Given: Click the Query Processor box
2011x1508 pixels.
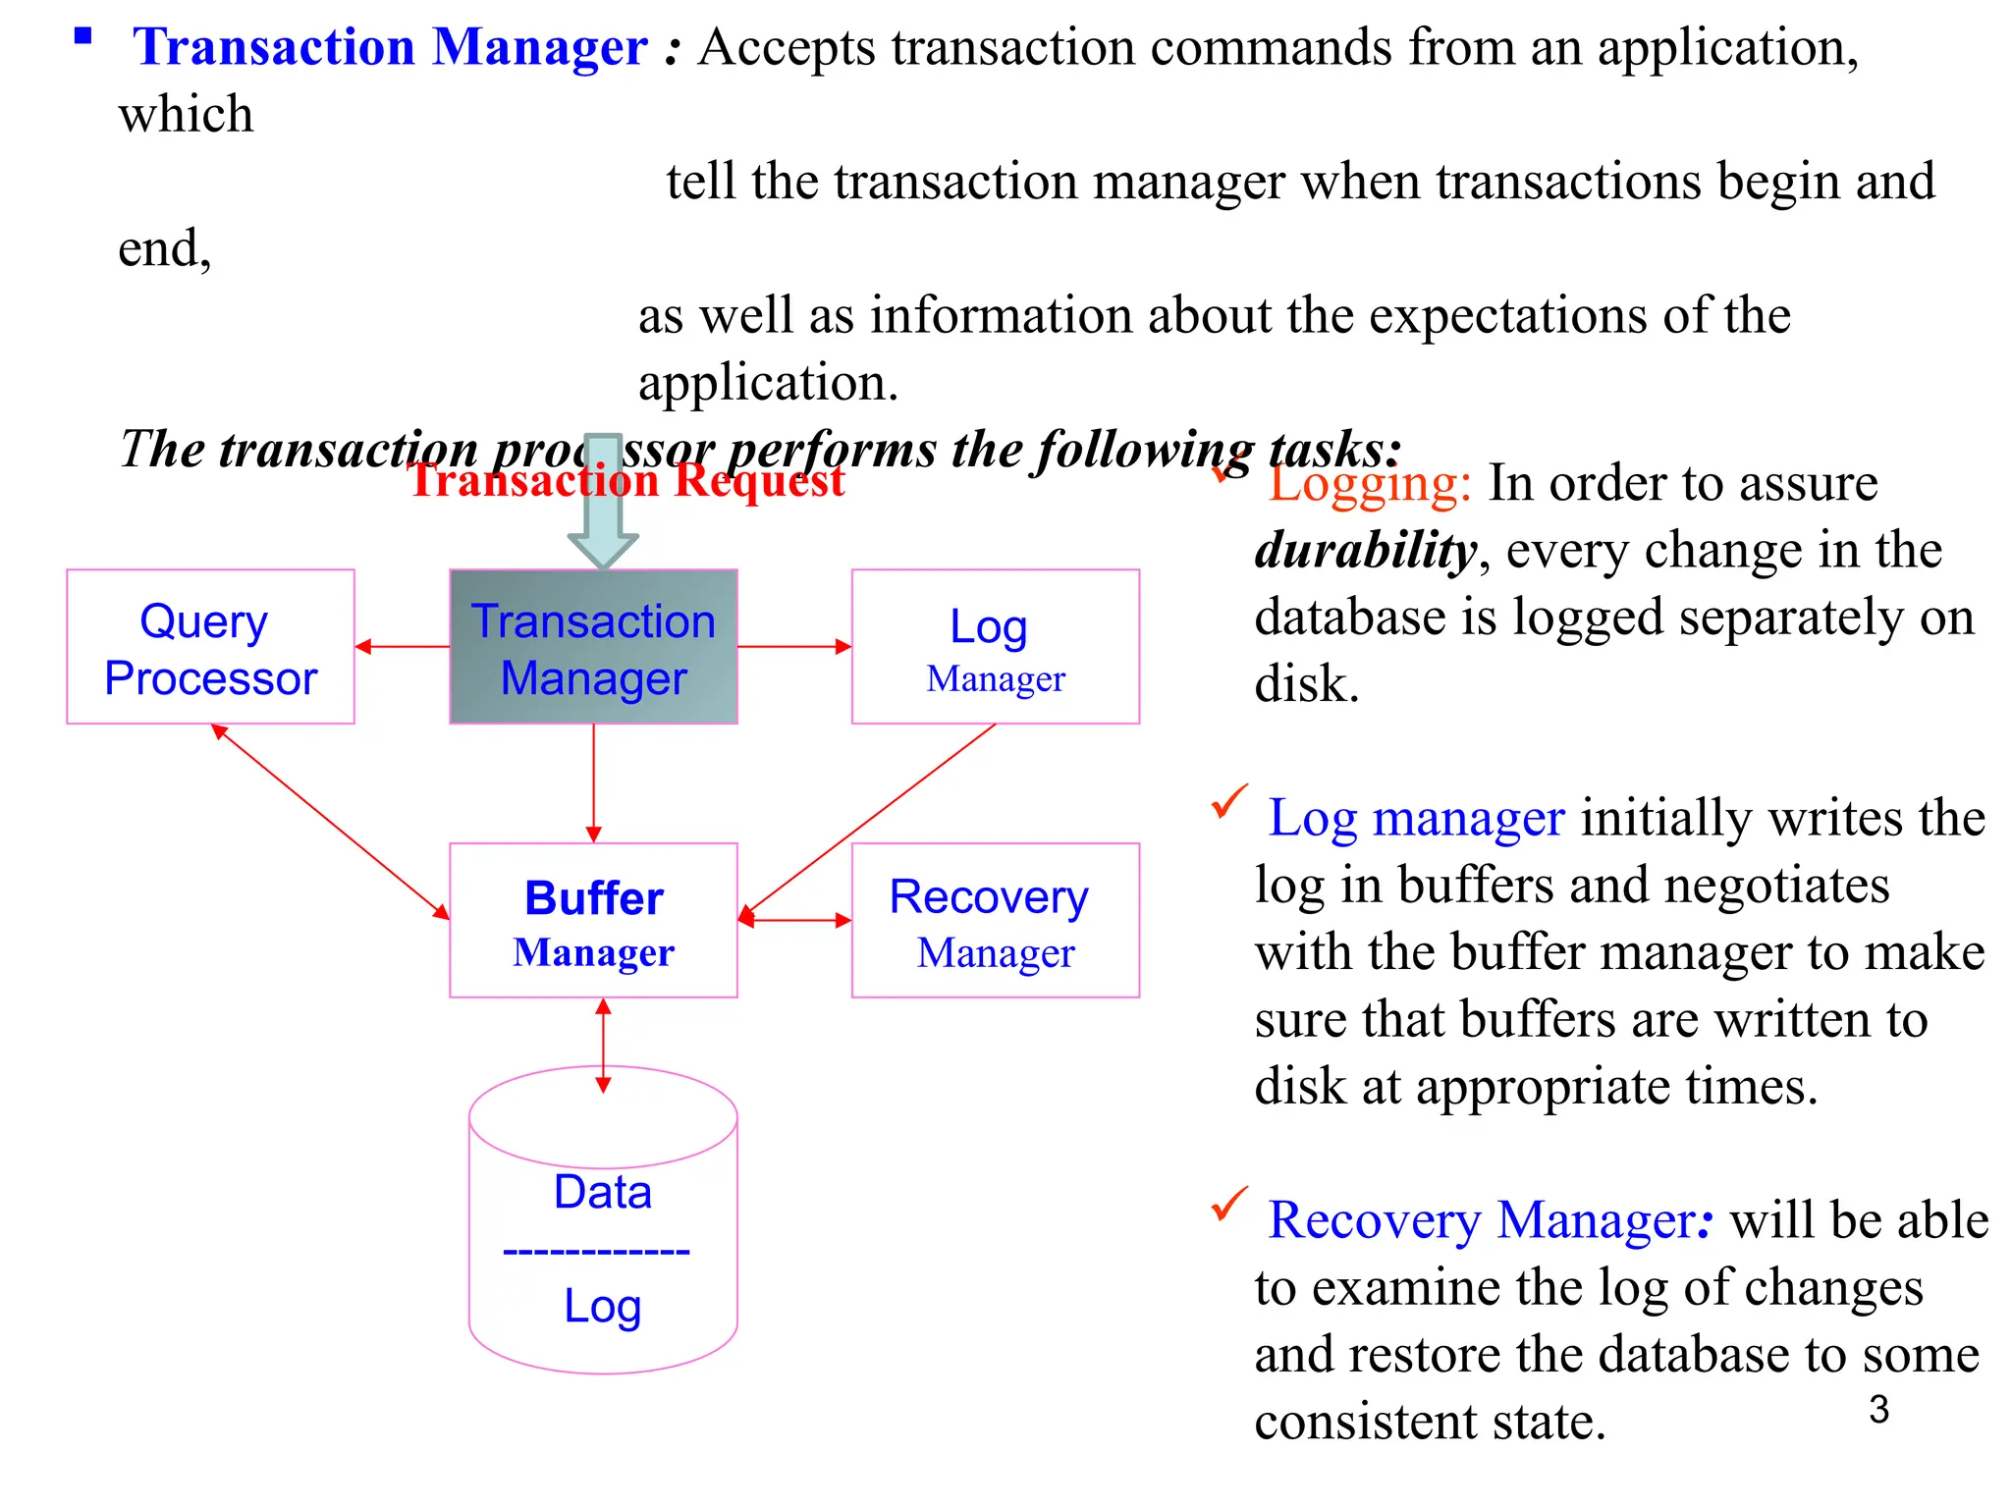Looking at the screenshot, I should (x=210, y=647).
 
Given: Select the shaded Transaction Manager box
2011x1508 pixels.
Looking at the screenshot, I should (x=593, y=647).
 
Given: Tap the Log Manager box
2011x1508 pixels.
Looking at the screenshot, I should (x=995, y=647).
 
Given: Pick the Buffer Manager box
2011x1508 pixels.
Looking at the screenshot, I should (x=593, y=921).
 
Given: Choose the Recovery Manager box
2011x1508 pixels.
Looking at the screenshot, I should (x=995, y=921).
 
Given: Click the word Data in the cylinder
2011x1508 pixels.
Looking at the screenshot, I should (x=602, y=1192).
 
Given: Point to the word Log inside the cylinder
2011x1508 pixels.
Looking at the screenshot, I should (x=602, y=1306).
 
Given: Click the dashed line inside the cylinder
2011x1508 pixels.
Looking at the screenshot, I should (x=596, y=1252).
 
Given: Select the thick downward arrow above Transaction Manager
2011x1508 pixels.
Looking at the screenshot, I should (x=603, y=511).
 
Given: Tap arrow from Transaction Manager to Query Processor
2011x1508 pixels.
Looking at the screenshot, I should (x=403, y=647).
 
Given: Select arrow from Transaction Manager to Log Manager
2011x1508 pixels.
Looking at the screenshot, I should (x=793, y=647).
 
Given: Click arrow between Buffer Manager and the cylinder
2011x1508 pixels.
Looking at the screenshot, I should (x=603, y=1046).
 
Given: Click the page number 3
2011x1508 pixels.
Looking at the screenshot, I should (x=1878, y=1410).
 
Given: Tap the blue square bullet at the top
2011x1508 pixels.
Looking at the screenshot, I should (x=82, y=37).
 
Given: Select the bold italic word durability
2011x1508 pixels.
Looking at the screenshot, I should (x=1365, y=551).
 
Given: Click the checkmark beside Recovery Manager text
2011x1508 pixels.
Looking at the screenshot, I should (x=1228, y=1204).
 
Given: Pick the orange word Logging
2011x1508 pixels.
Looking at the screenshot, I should (x=1369, y=484).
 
